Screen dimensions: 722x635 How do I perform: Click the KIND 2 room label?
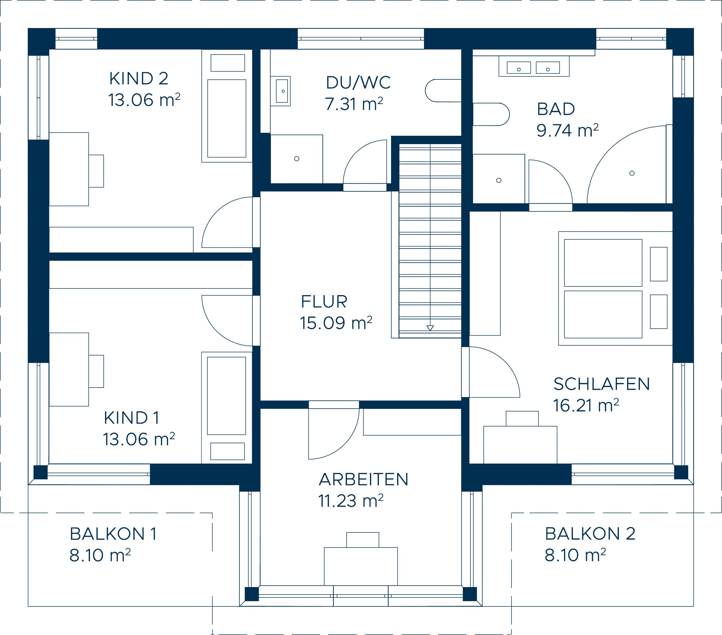click(x=138, y=79)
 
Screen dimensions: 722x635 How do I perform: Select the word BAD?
click(x=556, y=109)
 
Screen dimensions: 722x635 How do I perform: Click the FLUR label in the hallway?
click(x=324, y=301)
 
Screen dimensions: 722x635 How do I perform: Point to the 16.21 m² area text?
click(x=586, y=405)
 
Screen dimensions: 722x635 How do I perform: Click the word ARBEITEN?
click(x=364, y=479)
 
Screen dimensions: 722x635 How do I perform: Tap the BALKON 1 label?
click(x=113, y=534)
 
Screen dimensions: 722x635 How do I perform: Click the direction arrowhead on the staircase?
click(x=430, y=328)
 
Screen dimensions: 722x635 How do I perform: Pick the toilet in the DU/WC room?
click(x=443, y=91)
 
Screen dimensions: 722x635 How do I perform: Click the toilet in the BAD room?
click(x=491, y=114)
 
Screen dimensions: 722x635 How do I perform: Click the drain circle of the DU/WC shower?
click(x=297, y=159)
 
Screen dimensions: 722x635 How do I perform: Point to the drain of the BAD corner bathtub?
click(x=632, y=173)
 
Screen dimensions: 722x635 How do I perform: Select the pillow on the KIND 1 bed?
click(x=228, y=451)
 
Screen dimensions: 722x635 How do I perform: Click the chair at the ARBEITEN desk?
click(x=363, y=540)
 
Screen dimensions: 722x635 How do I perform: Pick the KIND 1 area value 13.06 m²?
click(x=139, y=439)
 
